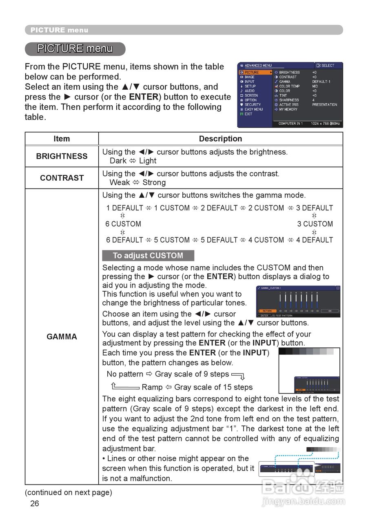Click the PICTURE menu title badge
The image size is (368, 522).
(x=75, y=49)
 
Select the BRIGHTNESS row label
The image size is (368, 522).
(x=62, y=156)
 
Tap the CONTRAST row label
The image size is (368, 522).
(x=62, y=178)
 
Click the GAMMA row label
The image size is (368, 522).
(x=62, y=336)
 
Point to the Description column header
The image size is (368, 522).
(x=220, y=139)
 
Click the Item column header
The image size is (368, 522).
(x=62, y=139)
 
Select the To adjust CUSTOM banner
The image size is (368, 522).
(x=148, y=256)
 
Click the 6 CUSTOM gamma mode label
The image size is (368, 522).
(x=123, y=224)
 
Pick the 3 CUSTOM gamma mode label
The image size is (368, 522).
(x=315, y=224)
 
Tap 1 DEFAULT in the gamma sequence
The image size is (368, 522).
(x=125, y=208)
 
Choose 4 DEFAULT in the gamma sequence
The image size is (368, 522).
(x=315, y=240)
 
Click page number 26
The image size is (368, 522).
(x=35, y=503)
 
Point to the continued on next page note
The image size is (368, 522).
(x=68, y=492)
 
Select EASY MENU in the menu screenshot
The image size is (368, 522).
(x=253, y=109)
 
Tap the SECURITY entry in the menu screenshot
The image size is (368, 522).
(x=253, y=105)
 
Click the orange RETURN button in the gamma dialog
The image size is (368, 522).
(x=267, y=311)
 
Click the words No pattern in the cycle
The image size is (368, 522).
(x=125, y=374)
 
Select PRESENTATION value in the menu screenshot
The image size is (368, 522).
(x=325, y=105)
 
